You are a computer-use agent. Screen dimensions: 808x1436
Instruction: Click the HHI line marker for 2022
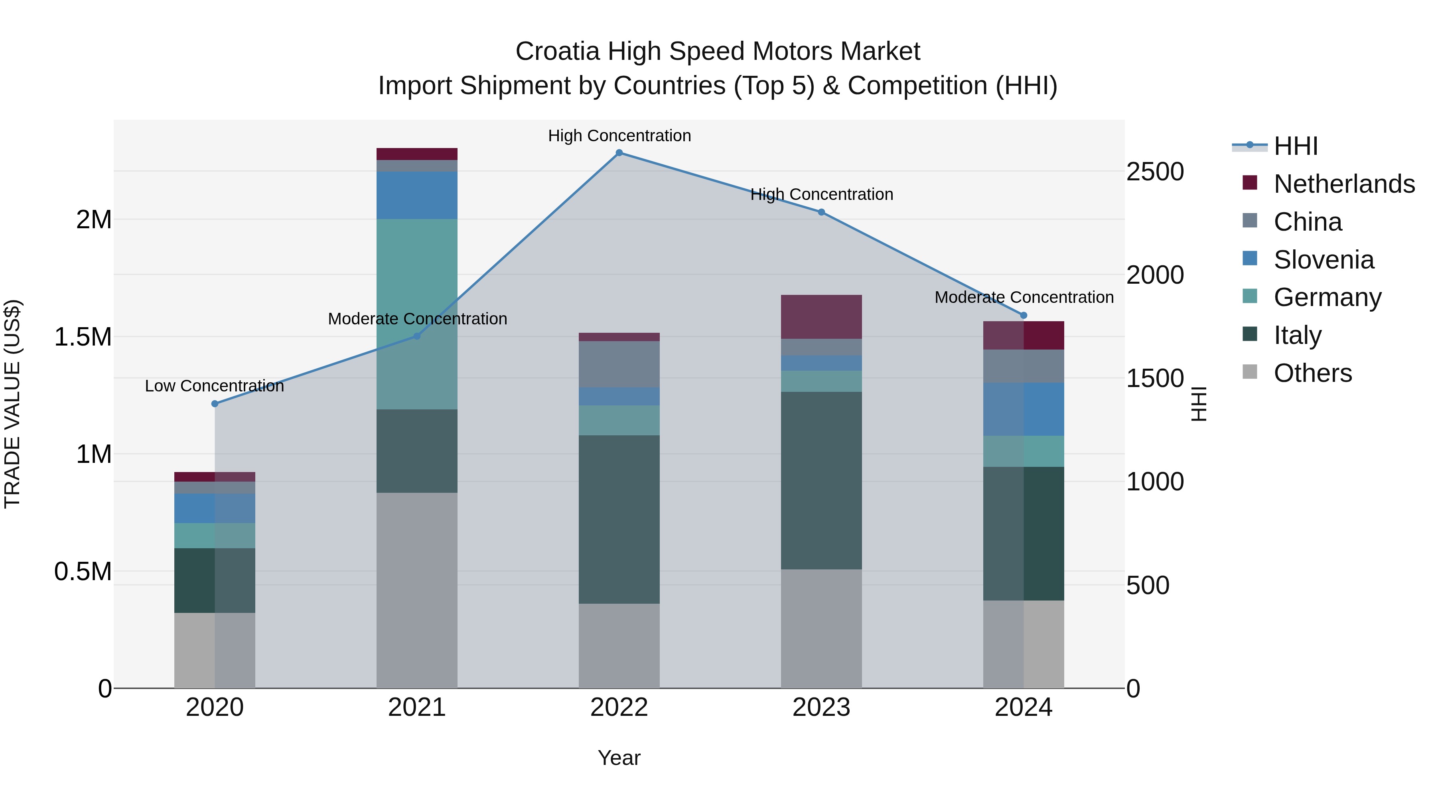tap(619, 152)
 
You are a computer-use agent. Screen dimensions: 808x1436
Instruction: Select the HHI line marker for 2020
tap(215, 404)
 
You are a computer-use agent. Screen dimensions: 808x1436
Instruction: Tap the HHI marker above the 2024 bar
tap(1024, 315)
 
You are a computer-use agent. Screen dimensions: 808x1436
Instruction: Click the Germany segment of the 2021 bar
tap(417, 314)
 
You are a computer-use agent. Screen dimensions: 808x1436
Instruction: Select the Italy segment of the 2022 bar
tap(619, 519)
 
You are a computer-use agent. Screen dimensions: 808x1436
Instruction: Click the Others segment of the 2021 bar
tap(417, 590)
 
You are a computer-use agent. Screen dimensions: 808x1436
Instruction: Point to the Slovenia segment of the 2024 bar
tap(1024, 409)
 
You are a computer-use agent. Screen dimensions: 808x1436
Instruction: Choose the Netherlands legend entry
tap(1344, 184)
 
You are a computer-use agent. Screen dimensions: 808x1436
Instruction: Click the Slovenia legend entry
tap(1324, 260)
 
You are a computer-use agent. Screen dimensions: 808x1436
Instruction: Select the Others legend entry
tap(1312, 373)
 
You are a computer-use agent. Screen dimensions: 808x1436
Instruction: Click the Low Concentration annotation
tap(215, 386)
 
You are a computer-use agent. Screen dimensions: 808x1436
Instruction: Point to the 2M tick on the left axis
tap(94, 220)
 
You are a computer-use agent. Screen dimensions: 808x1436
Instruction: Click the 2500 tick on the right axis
tap(1155, 172)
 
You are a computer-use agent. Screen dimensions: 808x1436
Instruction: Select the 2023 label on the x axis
tap(821, 707)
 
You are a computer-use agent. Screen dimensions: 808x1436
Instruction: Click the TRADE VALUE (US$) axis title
tap(12, 404)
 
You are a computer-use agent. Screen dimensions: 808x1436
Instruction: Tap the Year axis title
tap(619, 758)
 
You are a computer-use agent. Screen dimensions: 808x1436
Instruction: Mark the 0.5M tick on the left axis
tap(83, 571)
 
